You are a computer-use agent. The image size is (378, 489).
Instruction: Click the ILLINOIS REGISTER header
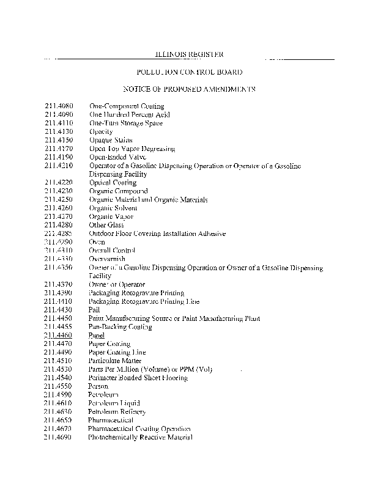pos(189,54)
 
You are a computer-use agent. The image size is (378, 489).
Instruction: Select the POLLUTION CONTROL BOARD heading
pos(189,72)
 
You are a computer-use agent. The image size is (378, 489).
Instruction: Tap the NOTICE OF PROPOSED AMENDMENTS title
pos(189,89)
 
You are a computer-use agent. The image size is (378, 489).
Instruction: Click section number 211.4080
pos(59,106)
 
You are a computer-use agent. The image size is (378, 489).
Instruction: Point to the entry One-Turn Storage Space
pos(126,123)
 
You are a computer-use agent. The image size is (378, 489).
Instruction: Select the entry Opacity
pos(101,131)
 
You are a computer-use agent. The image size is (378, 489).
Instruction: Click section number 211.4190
pos(59,157)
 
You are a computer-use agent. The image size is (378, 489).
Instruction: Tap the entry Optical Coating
pos(113,183)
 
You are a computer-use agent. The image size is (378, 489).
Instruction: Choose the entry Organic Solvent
pos(113,208)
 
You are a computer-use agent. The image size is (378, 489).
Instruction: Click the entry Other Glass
pos(106,225)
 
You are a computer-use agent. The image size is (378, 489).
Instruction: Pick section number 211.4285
pos(59,233)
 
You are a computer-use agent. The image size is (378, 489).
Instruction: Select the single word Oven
pos(97,242)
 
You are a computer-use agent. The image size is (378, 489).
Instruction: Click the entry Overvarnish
pos(107,259)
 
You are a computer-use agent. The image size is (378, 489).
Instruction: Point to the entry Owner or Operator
pos(117,284)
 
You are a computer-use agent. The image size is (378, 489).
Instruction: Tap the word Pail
pos(94,310)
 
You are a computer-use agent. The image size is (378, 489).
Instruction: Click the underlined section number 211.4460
pos(59,336)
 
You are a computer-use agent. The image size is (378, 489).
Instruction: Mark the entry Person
pos(98,386)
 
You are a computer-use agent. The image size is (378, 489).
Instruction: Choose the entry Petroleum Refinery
pos(117,412)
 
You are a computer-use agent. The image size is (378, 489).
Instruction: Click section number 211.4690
pos(59,438)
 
